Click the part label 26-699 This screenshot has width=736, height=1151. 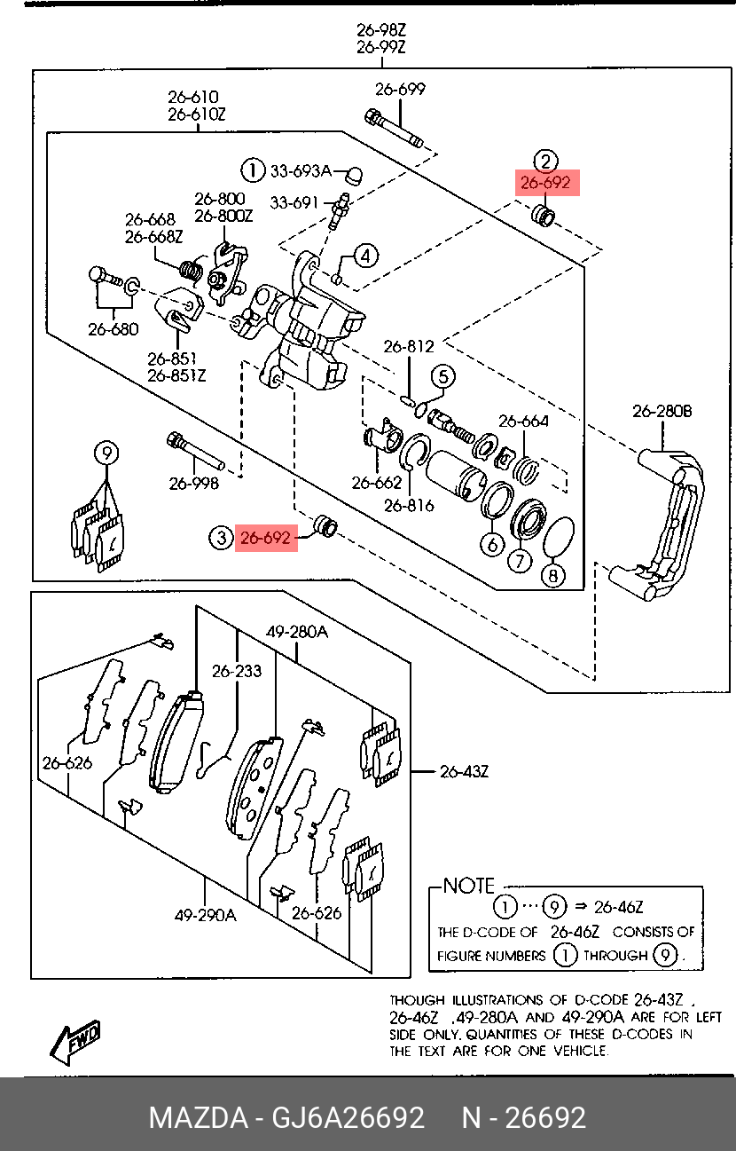[x=400, y=89]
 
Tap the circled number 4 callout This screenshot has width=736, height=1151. [x=365, y=256]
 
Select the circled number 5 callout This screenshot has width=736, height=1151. [x=443, y=376]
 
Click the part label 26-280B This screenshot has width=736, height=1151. [x=662, y=412]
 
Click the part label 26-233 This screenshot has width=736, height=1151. [x=237, y=671]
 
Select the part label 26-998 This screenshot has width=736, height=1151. [x=194, y=484]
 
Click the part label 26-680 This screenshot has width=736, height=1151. [x=114, y=329]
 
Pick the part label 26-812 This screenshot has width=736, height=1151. [x=409, y=346]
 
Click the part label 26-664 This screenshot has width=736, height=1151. [x=523, y=421]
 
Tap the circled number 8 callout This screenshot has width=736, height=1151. [x=552, y=576]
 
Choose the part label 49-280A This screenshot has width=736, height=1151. [x=297, y=632]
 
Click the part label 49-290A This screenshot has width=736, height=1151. [x=205, y=915]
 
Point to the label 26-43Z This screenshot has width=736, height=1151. [x=464, y=771]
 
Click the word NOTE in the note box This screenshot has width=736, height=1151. [x=469, y=886]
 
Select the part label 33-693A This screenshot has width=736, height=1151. [x=300, y=170]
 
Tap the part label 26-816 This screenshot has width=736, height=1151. [x=409, y=506]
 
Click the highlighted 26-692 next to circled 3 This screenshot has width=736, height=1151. [x=266, y=537]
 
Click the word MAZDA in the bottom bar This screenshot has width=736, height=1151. [x=197, y=1117]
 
